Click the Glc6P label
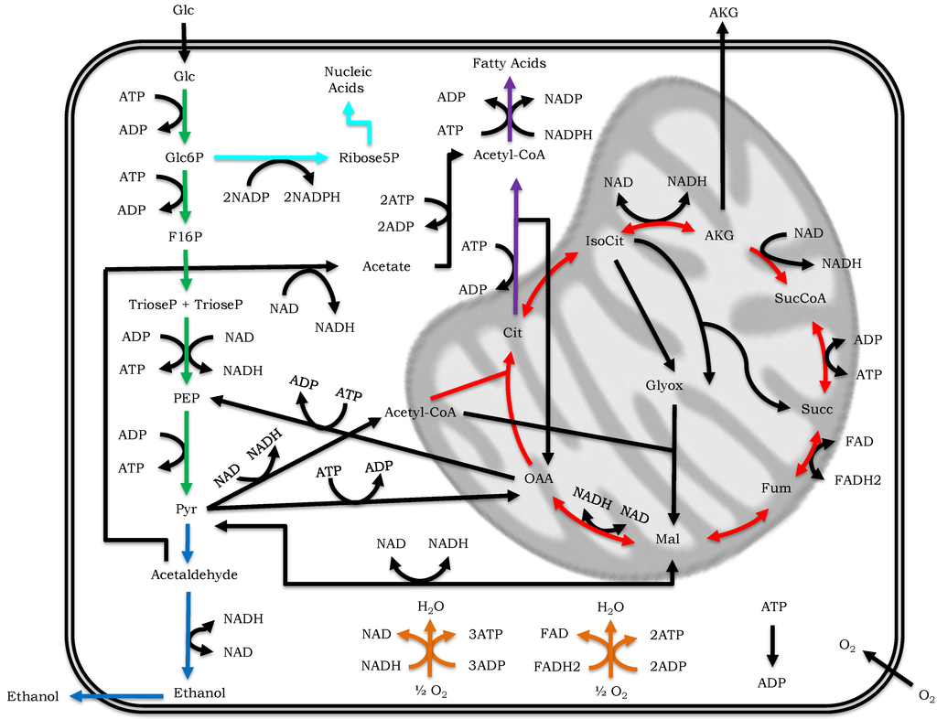[183, 157]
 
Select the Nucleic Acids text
[348, 80]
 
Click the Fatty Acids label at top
[510, 63]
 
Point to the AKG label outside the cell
[723, 12]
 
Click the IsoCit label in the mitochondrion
[605, 241]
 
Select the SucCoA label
[800, 298]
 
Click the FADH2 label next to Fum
[858, 478]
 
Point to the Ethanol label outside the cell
[33, 697]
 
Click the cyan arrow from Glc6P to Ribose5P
[270, 157]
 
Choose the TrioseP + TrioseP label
[186, 303]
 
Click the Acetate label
[386, 266]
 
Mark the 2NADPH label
[312, 197]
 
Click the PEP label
[186, 399]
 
